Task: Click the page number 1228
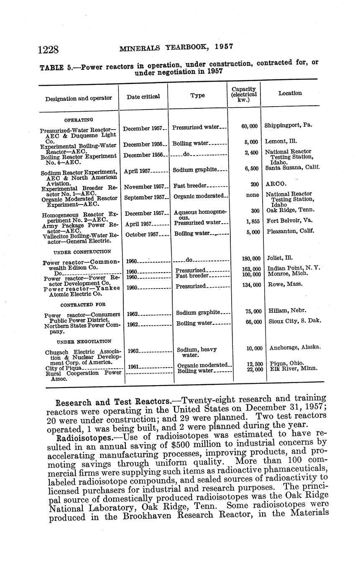pos(48,50)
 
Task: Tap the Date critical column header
pos(143,97)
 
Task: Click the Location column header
pos(290,93)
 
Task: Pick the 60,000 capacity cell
pos(249,126)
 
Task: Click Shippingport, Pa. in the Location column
pos(288,125)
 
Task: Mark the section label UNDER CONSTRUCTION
pos(82,252)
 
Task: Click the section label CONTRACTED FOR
pos(83,305)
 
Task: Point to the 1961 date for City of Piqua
pos(133,367)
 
